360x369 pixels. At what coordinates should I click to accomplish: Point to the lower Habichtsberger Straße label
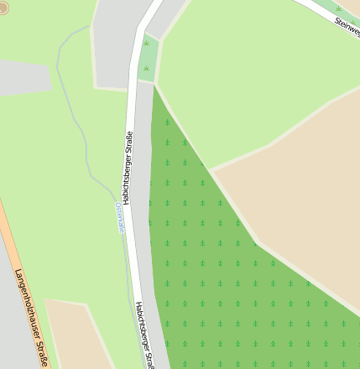click(x=145, y=335)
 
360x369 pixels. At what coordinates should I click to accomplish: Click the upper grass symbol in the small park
click(x=148, y=42)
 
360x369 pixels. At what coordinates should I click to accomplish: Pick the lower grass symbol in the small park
click(x=147, y=66)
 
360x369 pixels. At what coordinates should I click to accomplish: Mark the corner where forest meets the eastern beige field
click(x=212, y=170)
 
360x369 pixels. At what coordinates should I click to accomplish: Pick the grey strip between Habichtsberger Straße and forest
click(x=143, y=210)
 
